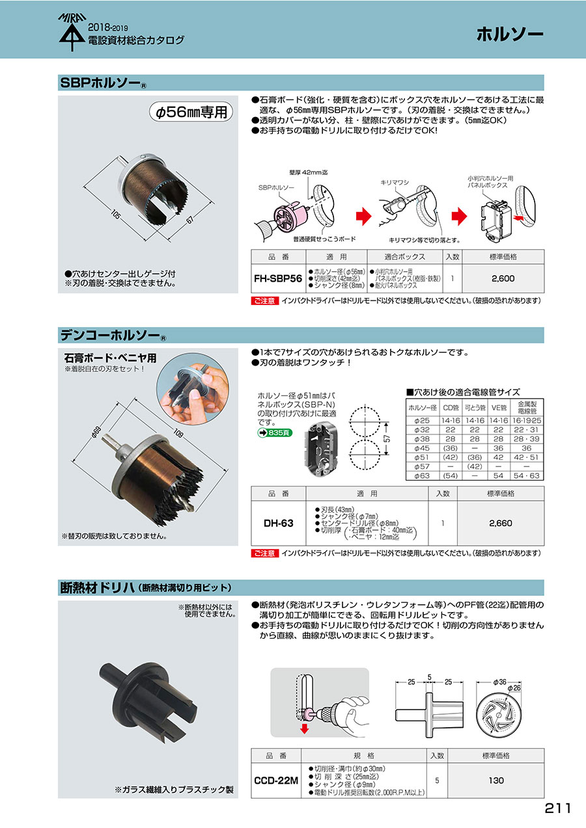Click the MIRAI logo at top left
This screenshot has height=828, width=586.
pyautogui.click(x=72, y=32)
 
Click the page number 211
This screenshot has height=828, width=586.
pyautogui.click(x=558, y=808)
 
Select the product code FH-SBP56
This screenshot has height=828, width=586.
pyautogui.click(x=278, y=279)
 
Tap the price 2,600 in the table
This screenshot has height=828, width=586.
pyautogui.click(x=503, y=279)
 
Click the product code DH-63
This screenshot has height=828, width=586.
pyautogui.click(x=278, y=523)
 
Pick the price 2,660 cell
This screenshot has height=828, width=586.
pyautogui.click(x=501, y=523)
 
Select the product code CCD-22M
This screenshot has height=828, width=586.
pyautogui.click(x=276, y=781)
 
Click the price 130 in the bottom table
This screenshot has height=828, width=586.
pyautogui.click(x=495, y=781)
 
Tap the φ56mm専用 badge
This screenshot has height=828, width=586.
pyautogui.click(x=191, y=112)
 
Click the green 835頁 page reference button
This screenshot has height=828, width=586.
pyautogui.click(x=275, y=433)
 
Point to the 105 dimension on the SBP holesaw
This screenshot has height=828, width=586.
pyautogui.click(x=116, y=214)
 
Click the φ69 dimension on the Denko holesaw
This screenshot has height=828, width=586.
pyautogui.click(x=96, y=431)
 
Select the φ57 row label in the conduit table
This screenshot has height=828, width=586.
pyautogui.click(x=422, y=466)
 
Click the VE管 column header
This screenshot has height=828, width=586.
pyautogui.click(x=499, y=408)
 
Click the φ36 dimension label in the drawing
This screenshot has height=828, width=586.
pyautogui.click(x=499, y=682)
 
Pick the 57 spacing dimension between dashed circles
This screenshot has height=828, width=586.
pyautogui.click(x=387, y=439)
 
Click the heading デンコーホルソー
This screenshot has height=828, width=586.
pyautogui.click(x=110, y=335)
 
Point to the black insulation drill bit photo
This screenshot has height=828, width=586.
pyautogui.click(x=148, y=697)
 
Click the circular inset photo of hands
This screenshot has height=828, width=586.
pyautogui.click(x=192, y=388)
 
